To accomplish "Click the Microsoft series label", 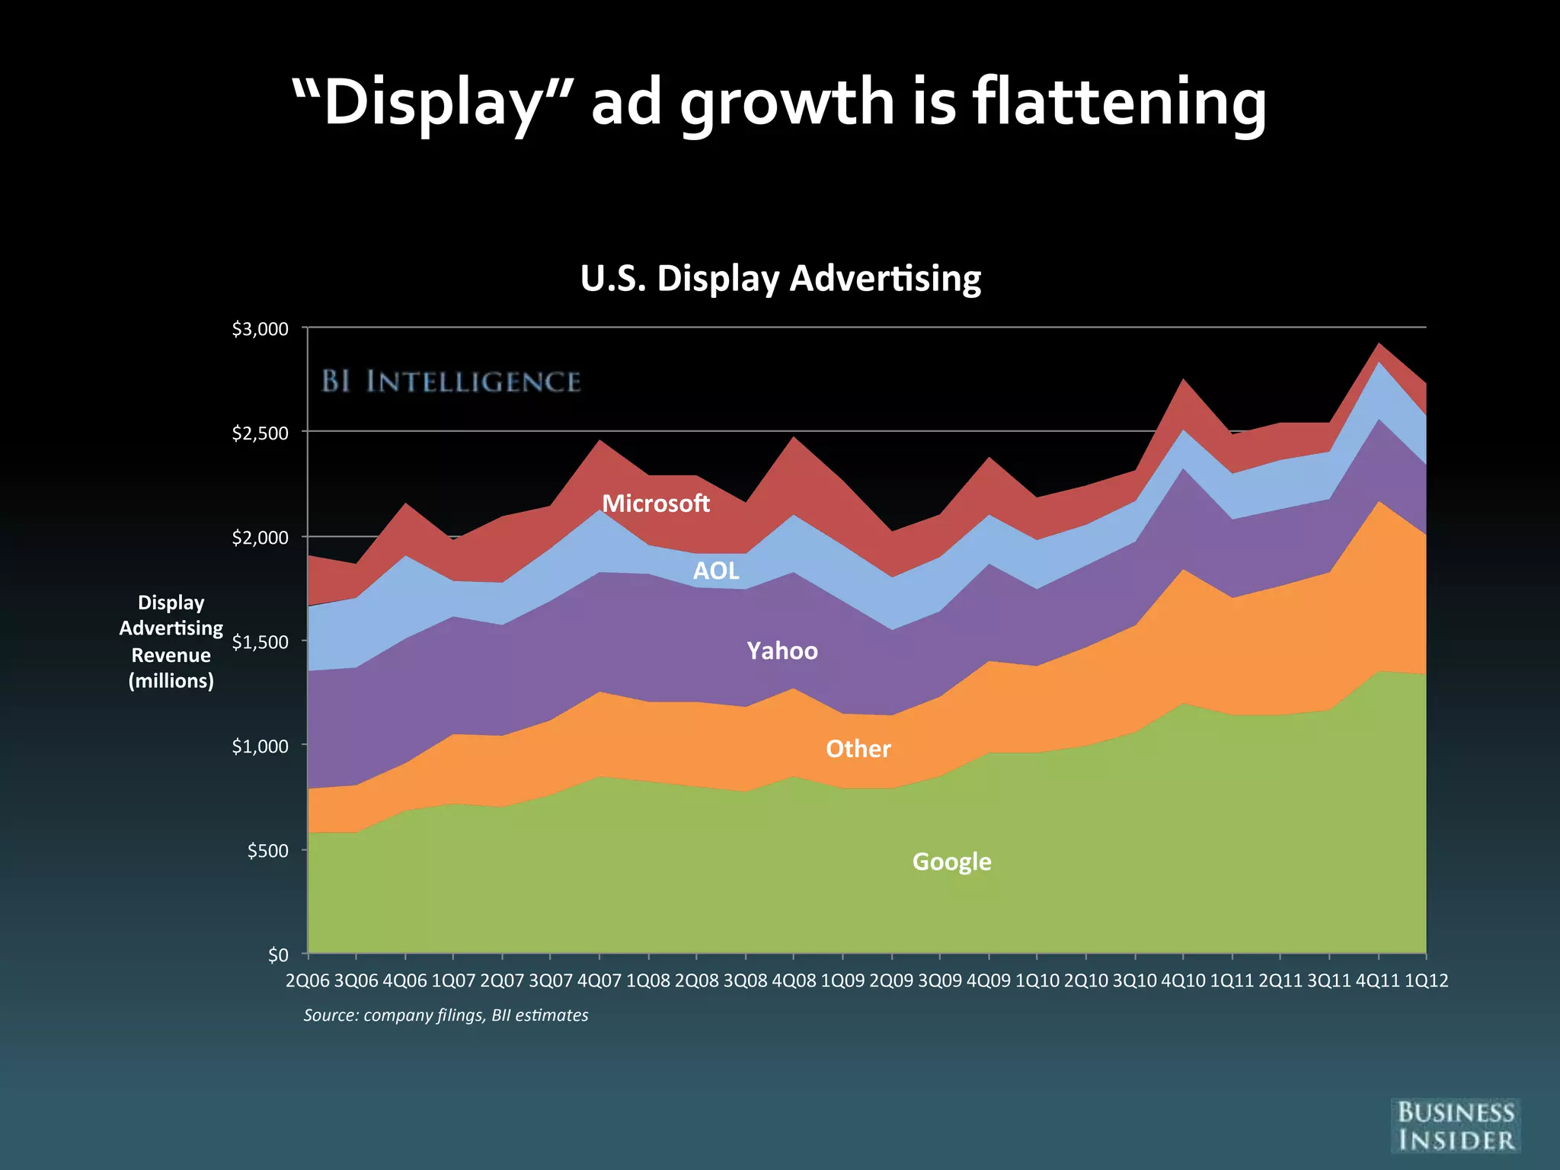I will (x=655, y=503).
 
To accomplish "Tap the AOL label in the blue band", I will (x=715, y=571).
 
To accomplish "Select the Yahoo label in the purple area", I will (x=782, y=651).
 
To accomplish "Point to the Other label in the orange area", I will (x=858, y=749).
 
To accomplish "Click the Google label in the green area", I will (x=951, y=862).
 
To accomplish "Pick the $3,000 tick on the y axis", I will (x=261, y=329).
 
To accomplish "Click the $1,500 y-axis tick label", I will (x=261, y=642).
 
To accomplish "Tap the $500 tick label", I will (x=267, y=851).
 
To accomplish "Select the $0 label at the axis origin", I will (x=278, y=954).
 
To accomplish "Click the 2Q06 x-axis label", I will (x=307, y=980).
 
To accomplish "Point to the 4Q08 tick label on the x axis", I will (x=794, y=980).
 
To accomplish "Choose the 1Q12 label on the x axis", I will (x=1426, y=980).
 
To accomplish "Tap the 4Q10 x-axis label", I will (x=1183, y=980).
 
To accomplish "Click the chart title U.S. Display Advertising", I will (x=780, y=278).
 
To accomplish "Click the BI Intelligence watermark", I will (x=451, y=381).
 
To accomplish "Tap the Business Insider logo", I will (x=1456, y=1126).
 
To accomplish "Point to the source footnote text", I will (x=446, y=1015).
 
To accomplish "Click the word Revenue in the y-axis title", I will (x=171, y=655).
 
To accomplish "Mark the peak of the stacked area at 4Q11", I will (x=1379, y=344).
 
